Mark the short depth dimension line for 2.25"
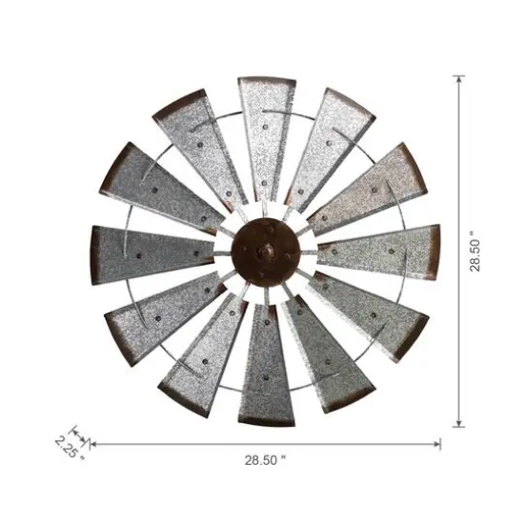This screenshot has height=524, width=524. point(83,436)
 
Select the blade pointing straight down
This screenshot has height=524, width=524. point(267,367)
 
